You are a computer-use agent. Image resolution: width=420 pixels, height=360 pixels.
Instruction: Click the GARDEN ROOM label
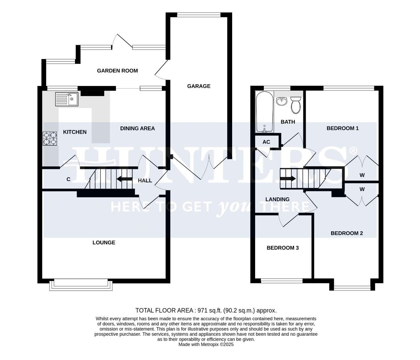(117, 71)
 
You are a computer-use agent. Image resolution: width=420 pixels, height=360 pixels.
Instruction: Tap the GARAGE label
(199, 86)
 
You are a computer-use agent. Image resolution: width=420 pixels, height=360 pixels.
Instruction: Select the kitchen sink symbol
(67, 99)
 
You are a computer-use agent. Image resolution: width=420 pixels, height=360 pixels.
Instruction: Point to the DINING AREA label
(137, 128)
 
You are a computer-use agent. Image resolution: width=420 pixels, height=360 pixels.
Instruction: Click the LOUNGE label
(104, 243)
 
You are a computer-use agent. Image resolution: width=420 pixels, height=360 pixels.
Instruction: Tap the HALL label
(145, 180)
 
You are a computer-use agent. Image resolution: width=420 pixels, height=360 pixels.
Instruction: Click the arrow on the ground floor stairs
(124, 179)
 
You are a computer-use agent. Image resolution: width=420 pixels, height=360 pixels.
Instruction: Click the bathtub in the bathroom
(264, 112)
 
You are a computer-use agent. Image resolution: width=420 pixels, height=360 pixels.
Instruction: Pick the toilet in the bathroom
(295, 104)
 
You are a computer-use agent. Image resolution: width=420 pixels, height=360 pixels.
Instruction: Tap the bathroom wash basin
(282, 101)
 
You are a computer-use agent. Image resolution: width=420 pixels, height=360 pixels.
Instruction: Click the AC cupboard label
(266, 142)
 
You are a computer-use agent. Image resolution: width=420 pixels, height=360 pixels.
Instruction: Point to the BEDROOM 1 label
(342, 128)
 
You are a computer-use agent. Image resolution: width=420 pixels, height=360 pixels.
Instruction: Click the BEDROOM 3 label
(282, 248)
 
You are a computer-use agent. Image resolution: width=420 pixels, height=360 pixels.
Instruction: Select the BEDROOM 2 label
(346, 233)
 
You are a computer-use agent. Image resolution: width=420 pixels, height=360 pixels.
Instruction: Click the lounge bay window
(81, 285)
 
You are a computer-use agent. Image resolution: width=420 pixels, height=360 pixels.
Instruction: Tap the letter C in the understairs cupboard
(68, 179)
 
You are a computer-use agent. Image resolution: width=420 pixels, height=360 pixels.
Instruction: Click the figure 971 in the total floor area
(203, 311)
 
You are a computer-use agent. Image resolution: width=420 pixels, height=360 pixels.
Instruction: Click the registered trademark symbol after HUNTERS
(353, 151)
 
